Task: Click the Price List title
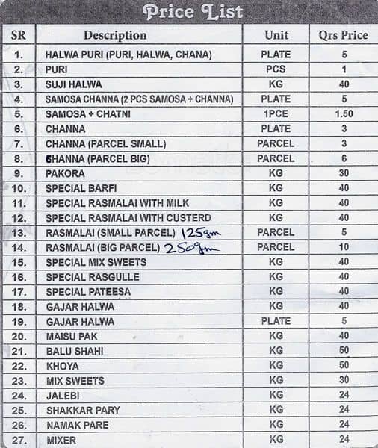pos(193,12)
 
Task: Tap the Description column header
pos(115,35)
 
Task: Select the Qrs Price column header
pos(344,35)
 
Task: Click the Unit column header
pos(276,35)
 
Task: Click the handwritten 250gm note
pos(190,249)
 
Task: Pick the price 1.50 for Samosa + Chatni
pos(344,114)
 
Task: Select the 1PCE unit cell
pos(276,114)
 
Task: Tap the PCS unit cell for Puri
pos(276,69)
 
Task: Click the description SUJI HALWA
pos(74,84)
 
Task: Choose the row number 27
pos(19,441)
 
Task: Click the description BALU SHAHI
pos(75,351)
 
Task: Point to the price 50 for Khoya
pos(344,366)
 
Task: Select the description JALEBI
pos(63,396)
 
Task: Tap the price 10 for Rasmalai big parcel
pos(344,247)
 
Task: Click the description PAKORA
pos(65,173)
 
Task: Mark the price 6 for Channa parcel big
pos(344,158)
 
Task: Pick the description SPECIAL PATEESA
pos(88,292)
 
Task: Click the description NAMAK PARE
pos(77,426)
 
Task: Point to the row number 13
pos(19,233)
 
